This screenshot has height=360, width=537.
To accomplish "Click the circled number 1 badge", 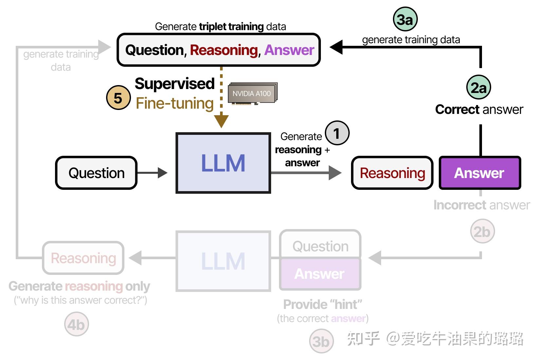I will pos(337,133).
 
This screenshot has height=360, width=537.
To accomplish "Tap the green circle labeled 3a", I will pos(405,20).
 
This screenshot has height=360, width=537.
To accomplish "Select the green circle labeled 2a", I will pos(478,87).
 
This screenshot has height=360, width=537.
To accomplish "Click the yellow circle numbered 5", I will pos(118,98).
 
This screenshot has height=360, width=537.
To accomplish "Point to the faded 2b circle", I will pos(482,232).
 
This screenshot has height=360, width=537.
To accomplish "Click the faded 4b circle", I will pos(76,324).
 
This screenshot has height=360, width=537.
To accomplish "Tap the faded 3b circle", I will pos(321,341).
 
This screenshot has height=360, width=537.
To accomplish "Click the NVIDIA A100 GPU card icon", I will pos(253,94).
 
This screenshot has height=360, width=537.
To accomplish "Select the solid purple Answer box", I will pos(479,173).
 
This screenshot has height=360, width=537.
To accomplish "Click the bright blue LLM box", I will pos(223,163).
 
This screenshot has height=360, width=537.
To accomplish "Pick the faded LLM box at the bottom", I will pos(223,261).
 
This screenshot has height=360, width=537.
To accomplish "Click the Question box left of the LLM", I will pos(96,173).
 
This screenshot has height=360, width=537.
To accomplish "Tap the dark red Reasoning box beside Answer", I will pos(392,173).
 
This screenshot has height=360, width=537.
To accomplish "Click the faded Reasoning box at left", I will pos(83,258).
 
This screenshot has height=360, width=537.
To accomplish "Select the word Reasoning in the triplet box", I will pos(224,50).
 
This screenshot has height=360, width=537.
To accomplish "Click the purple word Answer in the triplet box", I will pos(289,50).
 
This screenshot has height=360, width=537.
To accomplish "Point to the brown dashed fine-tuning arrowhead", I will pos(221,121).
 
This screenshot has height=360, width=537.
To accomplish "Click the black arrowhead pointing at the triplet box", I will pos(336,47).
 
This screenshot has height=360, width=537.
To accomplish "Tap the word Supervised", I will pos(175,83).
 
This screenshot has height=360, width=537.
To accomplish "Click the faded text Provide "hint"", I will pos(323,304).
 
